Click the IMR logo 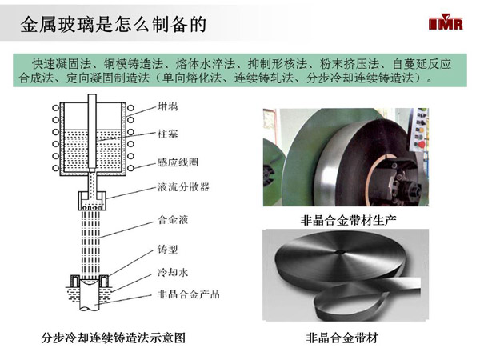tap(446, 22)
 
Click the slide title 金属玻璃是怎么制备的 tap(113, 25)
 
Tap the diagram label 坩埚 tap(167, 106)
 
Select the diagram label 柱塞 tap(167, 134)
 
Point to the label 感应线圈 tap(178, 162)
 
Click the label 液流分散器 tap(183, 186)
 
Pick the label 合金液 tap(173, 219)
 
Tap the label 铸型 tap(167, 249)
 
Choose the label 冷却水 tap(173, 272)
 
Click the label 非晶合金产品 tap(188, 294)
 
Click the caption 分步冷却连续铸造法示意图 tap(113, 338)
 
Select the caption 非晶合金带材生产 tap(348, 220)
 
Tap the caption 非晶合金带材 tap(342, 338)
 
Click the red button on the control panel tap(422, 144)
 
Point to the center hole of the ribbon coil tap(339, 252)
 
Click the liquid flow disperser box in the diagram tap(92, 201)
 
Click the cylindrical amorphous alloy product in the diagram tap(90, 294)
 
